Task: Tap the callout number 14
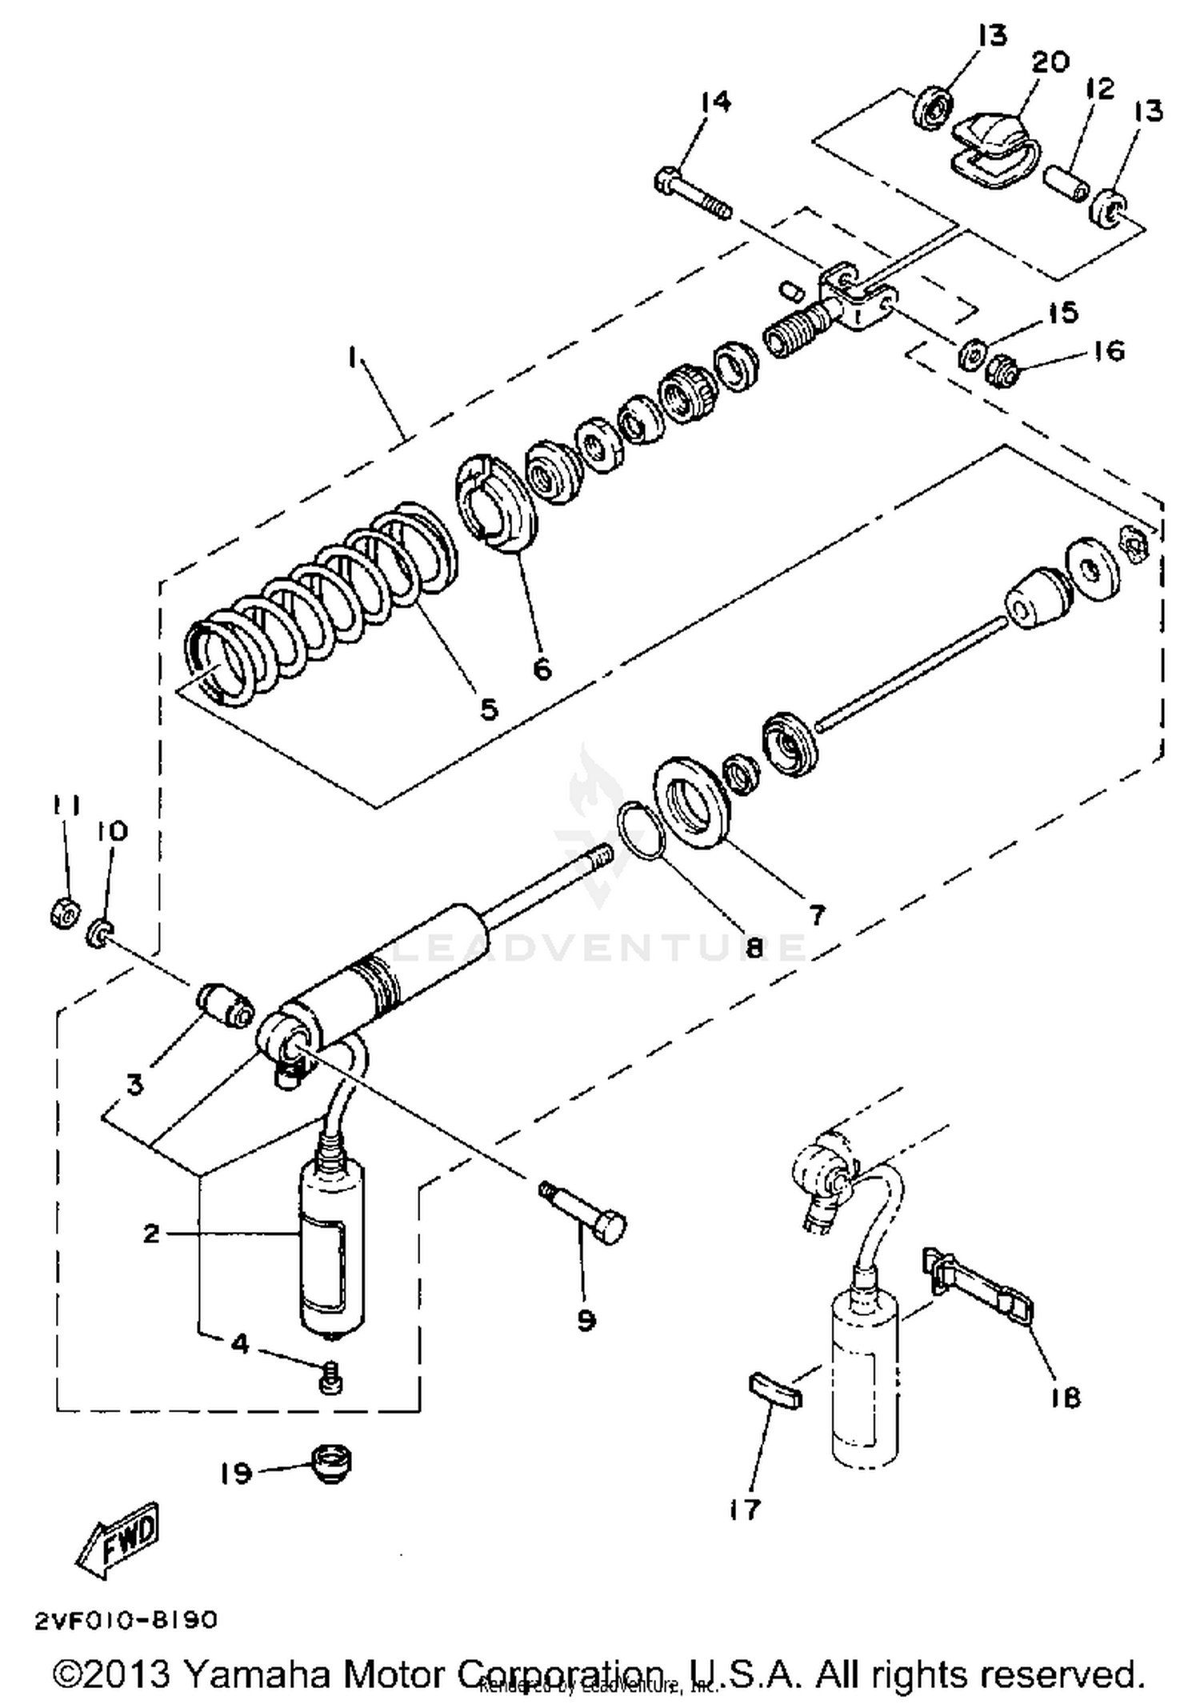click(x=715, y=102)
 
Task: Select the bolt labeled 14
click(x=693, y=194)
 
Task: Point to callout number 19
click(x=237, y=1473)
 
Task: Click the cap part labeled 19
click(x=330, y=1464)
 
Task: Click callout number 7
click(x=816, y=914)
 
